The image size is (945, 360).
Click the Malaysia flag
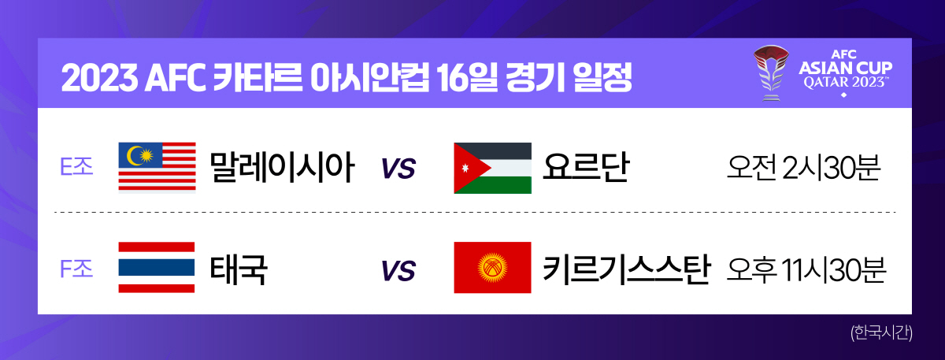coord(157,167)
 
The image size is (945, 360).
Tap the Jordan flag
coord(492,168)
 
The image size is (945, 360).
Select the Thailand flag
coord(157,267)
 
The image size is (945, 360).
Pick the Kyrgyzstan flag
coord(492,268)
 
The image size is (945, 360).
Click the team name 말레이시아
coord(282,168)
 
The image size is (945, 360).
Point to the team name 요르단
coord(586,167)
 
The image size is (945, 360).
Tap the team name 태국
coord(239,269)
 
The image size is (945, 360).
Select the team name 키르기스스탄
coord(627,269)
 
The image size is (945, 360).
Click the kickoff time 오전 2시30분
coord(804,168)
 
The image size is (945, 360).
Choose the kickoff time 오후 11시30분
coord(806,270)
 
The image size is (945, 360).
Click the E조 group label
coord(76,167)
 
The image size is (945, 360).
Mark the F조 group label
coord(76,269)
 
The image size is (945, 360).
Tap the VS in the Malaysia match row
coord(398,169)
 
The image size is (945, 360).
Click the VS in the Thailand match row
coord(398,270)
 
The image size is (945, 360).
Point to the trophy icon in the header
coord(771,73)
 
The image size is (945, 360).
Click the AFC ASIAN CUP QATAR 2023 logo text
coord(845,69)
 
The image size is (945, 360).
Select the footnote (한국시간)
coord(881,332)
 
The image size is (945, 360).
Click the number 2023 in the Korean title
coord(99,77)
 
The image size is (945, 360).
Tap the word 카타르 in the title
coord(258,77)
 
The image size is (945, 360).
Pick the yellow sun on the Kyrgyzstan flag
coord(492,268)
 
